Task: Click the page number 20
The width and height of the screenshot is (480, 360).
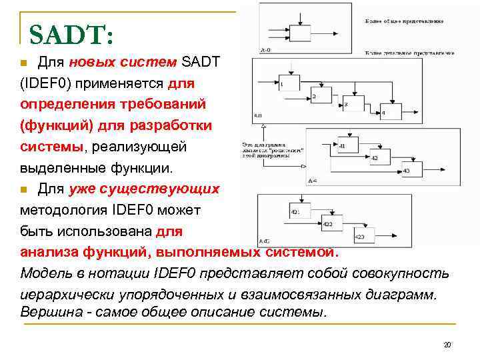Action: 447,345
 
